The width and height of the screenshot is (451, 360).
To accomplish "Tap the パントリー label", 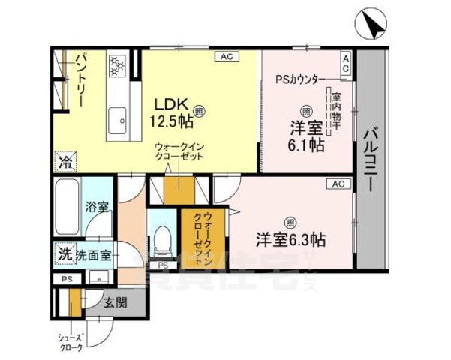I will point(81,78).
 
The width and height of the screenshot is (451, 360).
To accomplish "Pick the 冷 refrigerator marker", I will point(66,161).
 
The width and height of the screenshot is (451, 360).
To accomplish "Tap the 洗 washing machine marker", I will point(65,254).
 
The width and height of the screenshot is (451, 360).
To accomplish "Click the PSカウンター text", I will point(301,79).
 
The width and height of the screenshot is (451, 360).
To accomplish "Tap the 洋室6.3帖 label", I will point(290,240).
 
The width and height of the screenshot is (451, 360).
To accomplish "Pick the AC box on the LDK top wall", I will point(225,56).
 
